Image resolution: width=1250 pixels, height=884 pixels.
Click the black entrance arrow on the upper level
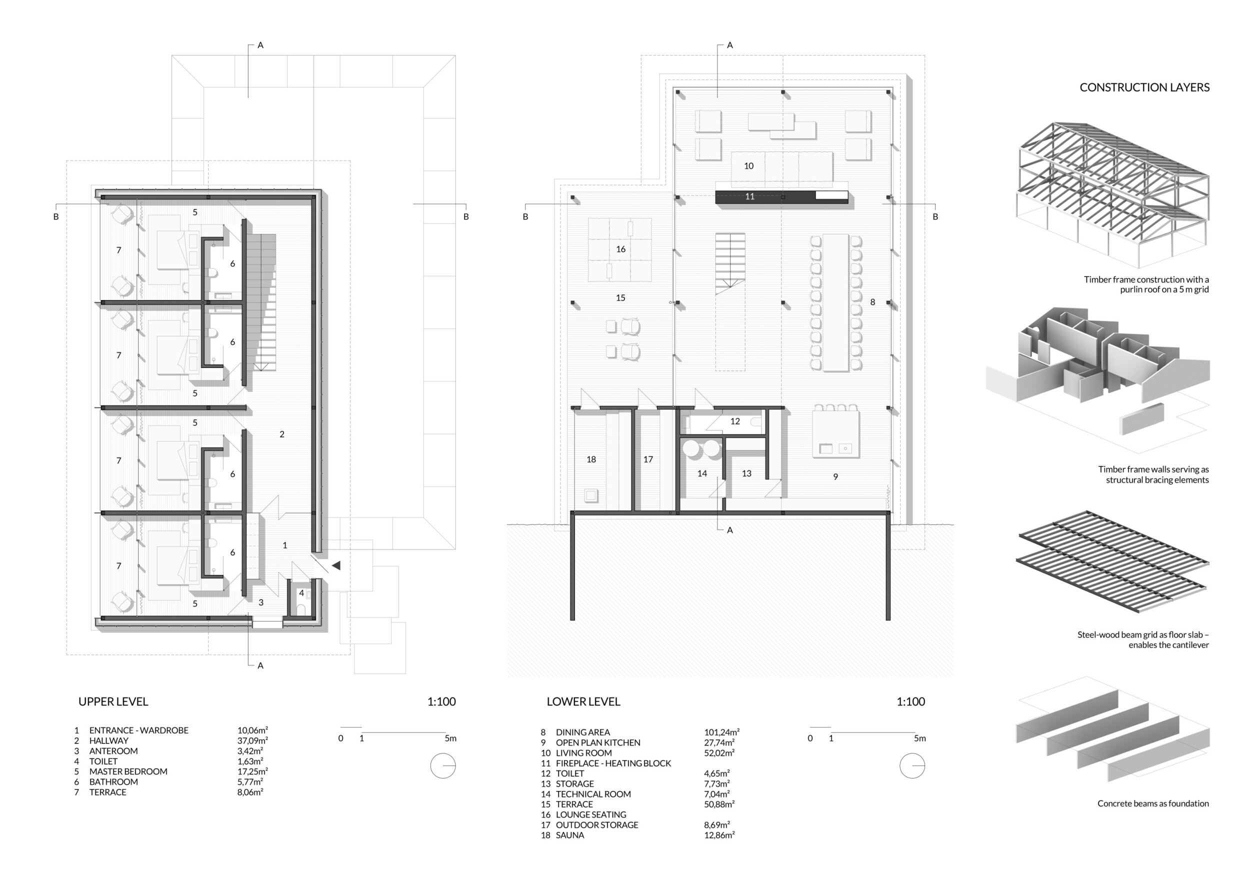(x=336, y=565)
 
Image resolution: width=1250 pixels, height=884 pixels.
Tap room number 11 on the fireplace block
(x=749, y=196)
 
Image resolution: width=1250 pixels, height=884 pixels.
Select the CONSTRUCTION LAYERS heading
(x=1144, y=87)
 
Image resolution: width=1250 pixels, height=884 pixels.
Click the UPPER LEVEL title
(x=113, y=701)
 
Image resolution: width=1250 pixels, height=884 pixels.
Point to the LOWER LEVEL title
(x=583, y=701)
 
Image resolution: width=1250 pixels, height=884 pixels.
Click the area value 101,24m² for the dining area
(x=721, y=732)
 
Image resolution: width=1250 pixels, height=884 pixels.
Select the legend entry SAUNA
(x=570, y=835)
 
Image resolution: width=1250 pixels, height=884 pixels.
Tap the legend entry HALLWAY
(x=109, y=741)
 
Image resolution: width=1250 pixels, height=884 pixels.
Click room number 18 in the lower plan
(x=591, y=459)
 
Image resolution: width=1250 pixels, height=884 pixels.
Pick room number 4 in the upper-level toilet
(x=301, y=593)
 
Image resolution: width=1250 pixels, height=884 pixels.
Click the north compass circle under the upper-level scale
(x=442, y=766)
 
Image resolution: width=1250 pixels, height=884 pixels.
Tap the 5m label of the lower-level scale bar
(x=919, y=738)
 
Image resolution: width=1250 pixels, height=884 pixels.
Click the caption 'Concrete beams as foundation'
(x=1153, y=803)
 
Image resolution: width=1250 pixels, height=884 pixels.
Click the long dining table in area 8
(x=835, y=302)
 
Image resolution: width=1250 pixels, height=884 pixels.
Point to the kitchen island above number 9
(x=835, y=434)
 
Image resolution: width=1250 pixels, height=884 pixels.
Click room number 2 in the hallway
(x=282, y=434)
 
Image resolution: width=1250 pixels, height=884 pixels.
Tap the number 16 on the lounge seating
(x=620, y=249)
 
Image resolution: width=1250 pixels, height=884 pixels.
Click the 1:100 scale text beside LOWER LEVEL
(x=911, y=701)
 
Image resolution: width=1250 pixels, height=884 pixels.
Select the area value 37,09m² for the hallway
(x=252, y=741)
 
